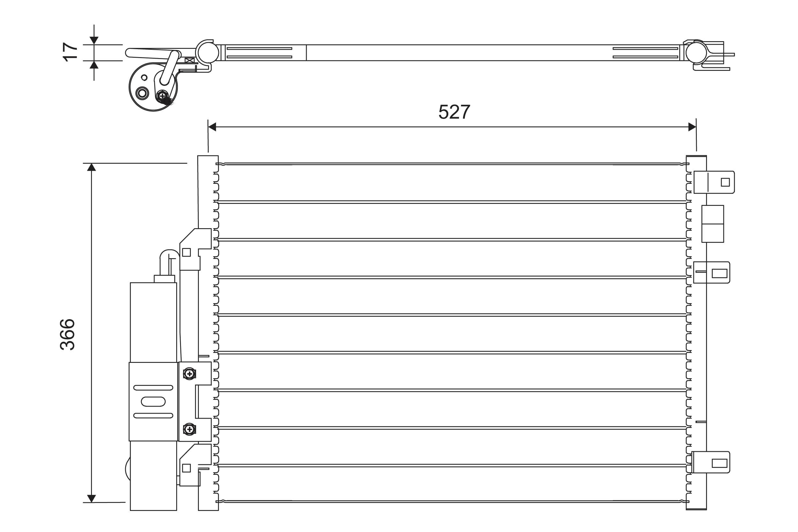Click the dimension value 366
(67, 334)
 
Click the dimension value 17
(70, 52)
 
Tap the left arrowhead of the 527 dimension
(212, 127)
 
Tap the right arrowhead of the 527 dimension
(692, 127)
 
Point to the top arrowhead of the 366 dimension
(91, 167)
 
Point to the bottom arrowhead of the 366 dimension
(91, 498)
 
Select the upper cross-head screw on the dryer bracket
(189, 374)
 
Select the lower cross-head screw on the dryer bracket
(189, 430)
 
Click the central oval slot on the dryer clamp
(153, 401)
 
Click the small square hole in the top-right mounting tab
(725, 182)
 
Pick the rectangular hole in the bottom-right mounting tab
(719, 463)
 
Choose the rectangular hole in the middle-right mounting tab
(719, 273)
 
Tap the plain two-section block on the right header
(712, 224)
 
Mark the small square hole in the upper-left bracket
(186, 252)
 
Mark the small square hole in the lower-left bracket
(186, 468)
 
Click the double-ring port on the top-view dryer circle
(142, 93)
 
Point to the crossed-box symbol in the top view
(190, 60)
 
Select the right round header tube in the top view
(696, 53)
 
